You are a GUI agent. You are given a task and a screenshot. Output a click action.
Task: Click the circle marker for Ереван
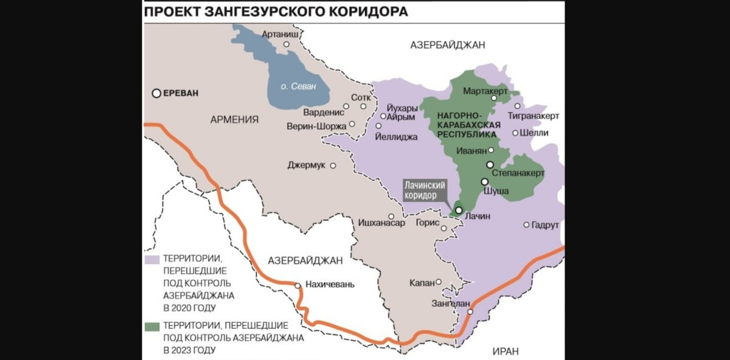pyautogui.click(x=157, y=93)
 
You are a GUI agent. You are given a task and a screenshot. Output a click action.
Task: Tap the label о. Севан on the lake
pyautogui.click(x=298, y=86)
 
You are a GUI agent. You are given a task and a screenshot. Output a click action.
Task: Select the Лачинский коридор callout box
pyautogui.click(x=425, y=190)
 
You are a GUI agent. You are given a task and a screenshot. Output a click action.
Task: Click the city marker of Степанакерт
pyautogui.click(x=490, y=164)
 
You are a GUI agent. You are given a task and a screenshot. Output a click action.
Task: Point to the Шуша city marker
pyautogui.click(x=484, y=181)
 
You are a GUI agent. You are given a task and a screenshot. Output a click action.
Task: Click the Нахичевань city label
pyautogui.click(x=328, y=285)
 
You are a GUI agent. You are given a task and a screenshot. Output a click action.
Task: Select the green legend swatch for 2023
pyautogui.click(x=152, y=326)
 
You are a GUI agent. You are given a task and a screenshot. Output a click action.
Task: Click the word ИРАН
pyautogui.click(x=506, y=351)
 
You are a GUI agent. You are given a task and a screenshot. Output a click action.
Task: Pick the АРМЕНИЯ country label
pyautogui.click(x=235, y=119)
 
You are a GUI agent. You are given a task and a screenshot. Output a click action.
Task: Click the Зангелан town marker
pyautogui.click(x=470, y=312)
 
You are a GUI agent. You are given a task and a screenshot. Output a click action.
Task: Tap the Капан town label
pyautogui.click(x=422, y=283)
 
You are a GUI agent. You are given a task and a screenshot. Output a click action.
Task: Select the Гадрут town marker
pyautogui.click(x=526, y=224)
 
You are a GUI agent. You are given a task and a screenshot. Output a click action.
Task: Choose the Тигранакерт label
pyautogui.click(x=535, y=116)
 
